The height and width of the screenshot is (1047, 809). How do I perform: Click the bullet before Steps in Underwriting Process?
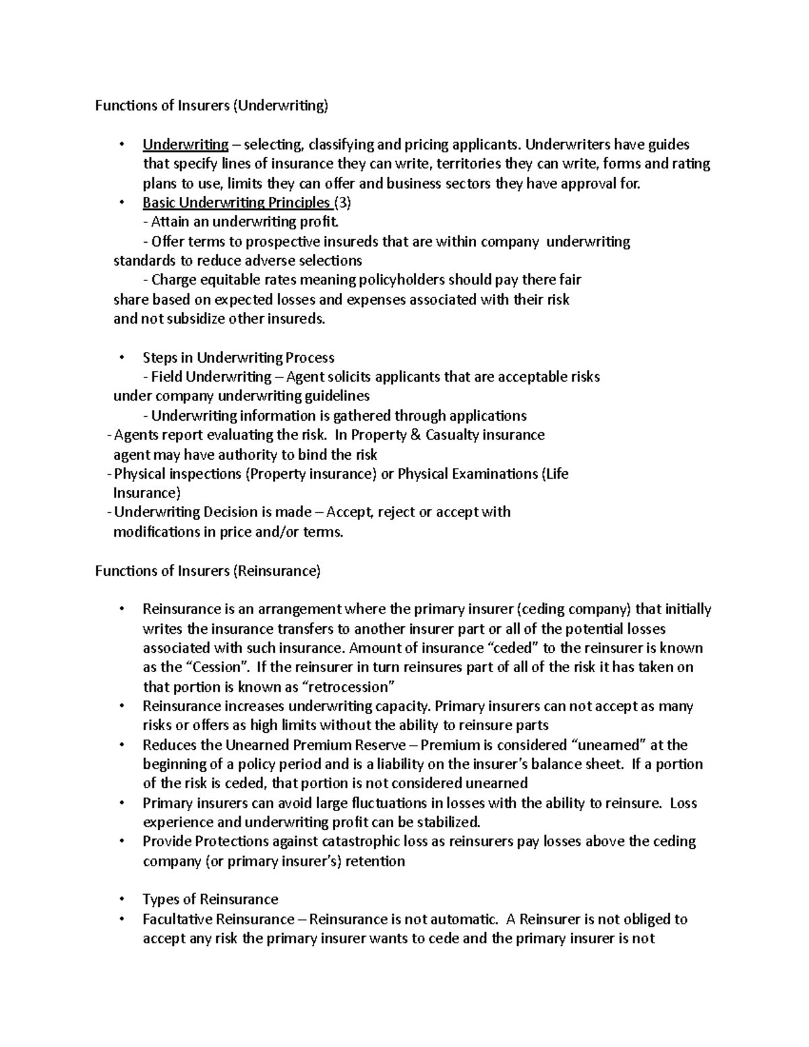[x=121, y=357]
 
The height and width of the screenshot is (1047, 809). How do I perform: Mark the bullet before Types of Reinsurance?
[x=121, y=899]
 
